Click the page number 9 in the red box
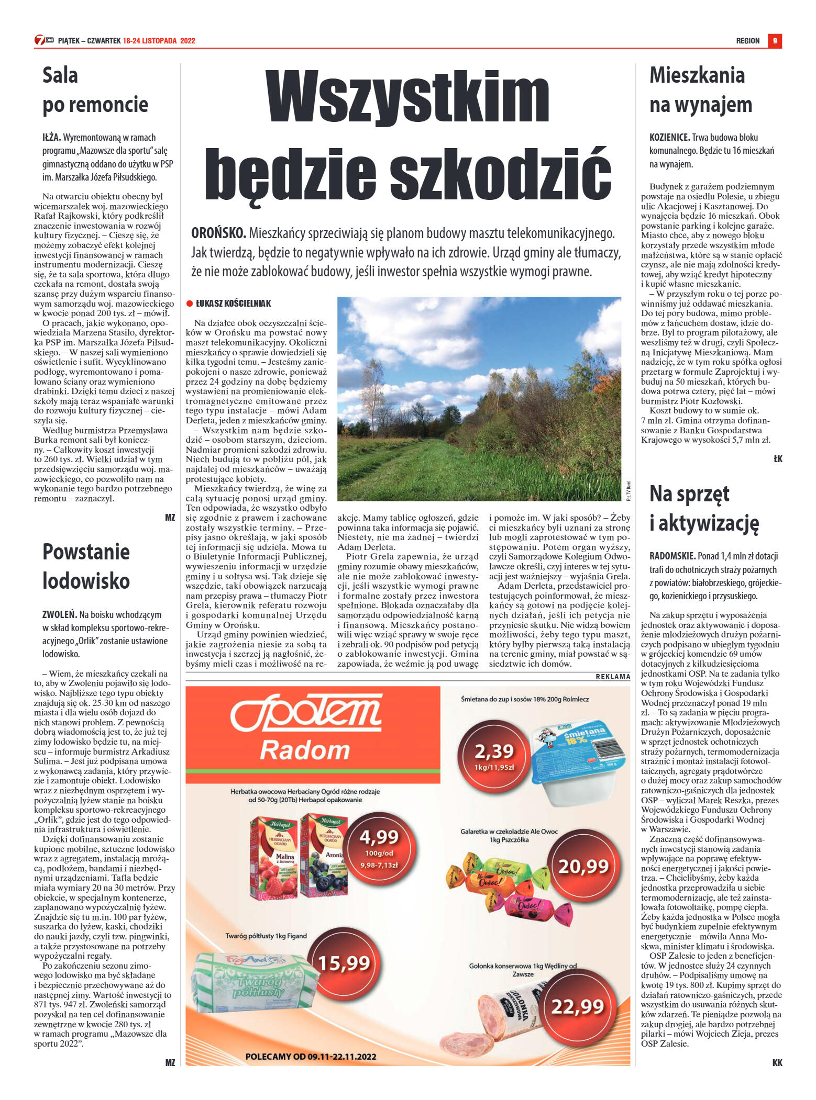pyautogui.click(x=775, y=41)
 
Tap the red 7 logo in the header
pyautogui.click(x=41, y=40)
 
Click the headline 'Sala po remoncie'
pyautogui.click(x=95, y=89)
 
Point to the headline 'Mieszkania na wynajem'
pyautogui.click(x=700, y=89)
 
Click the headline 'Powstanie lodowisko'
pyautogui.click(x=86, y=566)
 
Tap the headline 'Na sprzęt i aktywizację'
pyautogui.click(x=704, y=508)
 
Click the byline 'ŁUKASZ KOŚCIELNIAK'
pyautogui.click(x=233, y=304)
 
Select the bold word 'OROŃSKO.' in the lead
pyautogui.click(x=218, y=233)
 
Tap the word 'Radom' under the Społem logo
pyautogui.click(x=305, y=750)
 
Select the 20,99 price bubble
pyautogui.click(x=582, y=867)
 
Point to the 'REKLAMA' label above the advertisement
pyautogui.click(x=613, y=677)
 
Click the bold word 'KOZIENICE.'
pyautogui.click(x=669, y=138)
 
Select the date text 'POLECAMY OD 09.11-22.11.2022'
pyautogui.click(x=311, y=1057)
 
